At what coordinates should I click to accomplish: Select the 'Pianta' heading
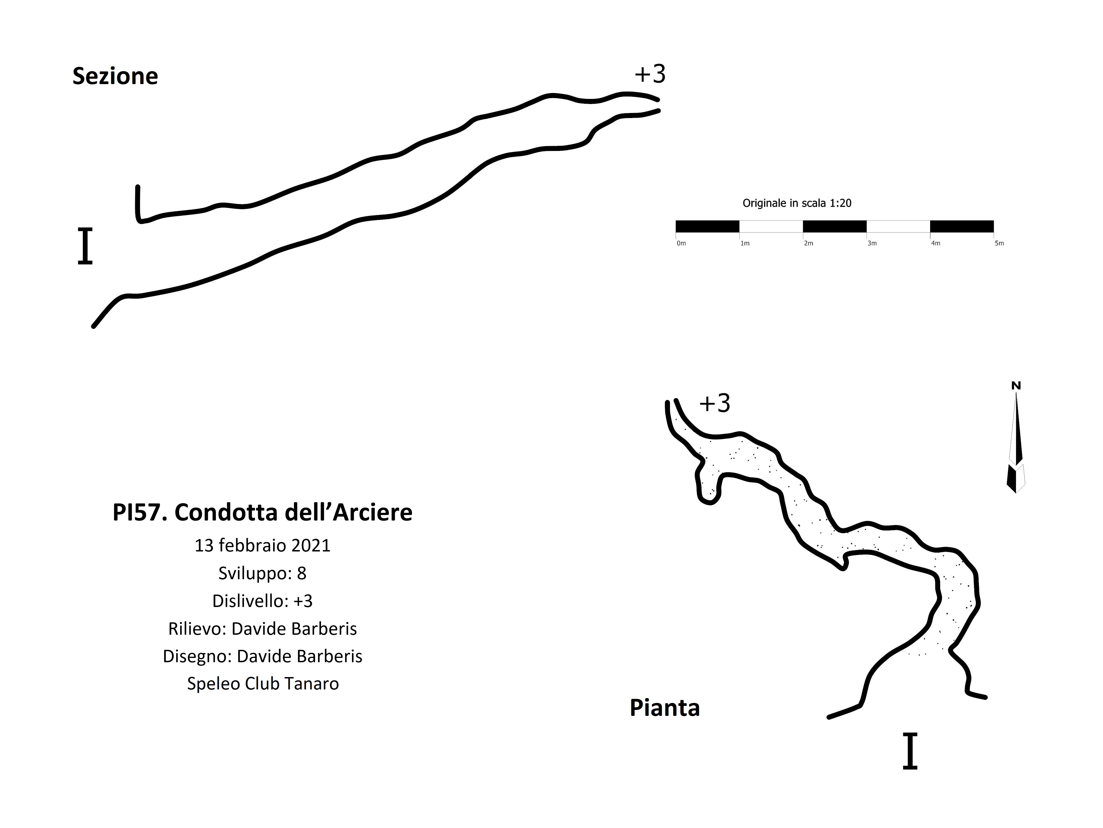coord(665,708)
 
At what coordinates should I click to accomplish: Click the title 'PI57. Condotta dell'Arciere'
coord(262,513)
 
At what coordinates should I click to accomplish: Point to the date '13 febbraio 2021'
coord(262,546)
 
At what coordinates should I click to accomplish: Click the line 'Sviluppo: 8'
coord(262,573)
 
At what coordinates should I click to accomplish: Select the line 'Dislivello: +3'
coord(262,601)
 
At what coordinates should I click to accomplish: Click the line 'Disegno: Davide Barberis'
coord(262,656)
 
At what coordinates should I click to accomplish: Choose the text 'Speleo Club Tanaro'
coord(263,684)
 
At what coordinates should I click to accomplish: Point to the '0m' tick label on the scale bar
coord(681,244)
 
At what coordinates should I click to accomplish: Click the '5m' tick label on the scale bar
coord(999,244)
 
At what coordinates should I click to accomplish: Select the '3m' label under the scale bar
coord(872,244)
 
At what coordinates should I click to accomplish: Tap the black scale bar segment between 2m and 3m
coord(835,227)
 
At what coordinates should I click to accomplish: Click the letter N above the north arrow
coord(1016,386)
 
